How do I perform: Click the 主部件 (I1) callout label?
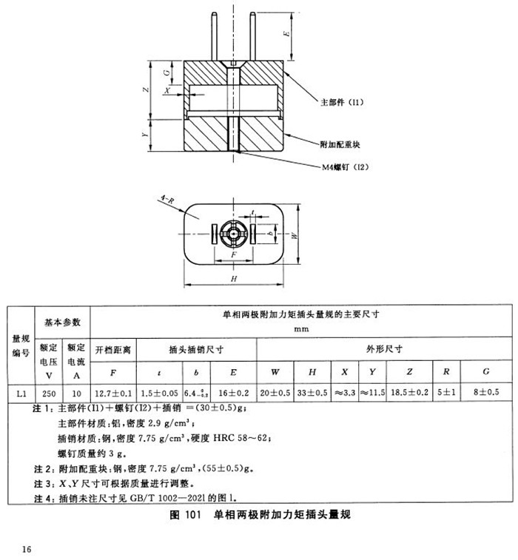345,100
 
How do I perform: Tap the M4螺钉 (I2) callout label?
345,167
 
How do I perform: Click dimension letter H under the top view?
233,279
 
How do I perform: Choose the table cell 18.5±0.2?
409,393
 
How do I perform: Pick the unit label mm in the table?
300,329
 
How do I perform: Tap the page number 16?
27,548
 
